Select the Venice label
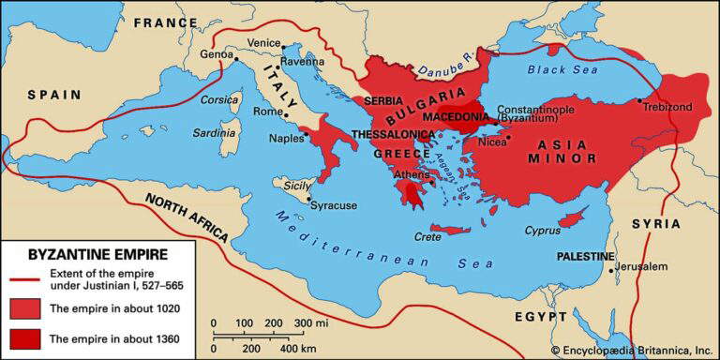[264, 42]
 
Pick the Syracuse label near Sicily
[335, 204]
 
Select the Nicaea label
[492, 143]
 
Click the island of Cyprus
[571, 221]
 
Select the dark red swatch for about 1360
[22, 338]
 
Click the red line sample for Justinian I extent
[22, 278]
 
